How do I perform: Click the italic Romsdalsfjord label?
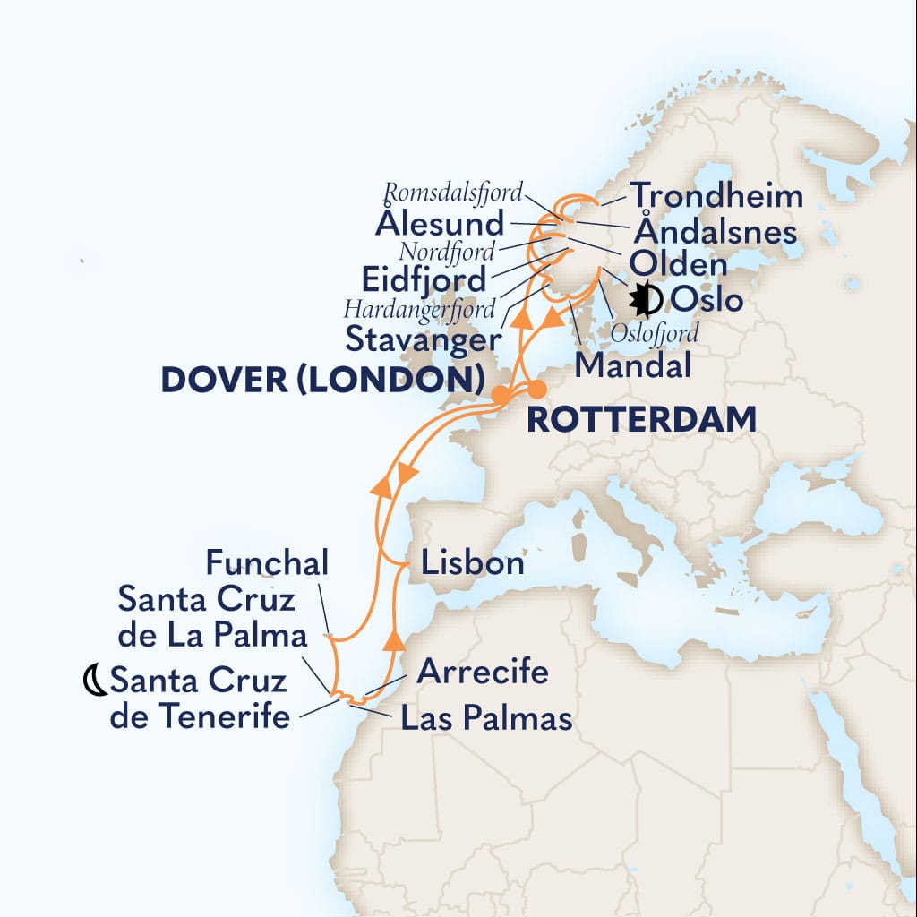pyautogui.click(x=454, y=191)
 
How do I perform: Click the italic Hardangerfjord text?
pyautogui.click(x=419, y=310)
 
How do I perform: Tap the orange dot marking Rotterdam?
pyautogui.click(x=536, y=389)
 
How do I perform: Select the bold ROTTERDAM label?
pyautogui.click(x=640, y=418)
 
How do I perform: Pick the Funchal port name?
pyautogui.click(x=268, y=563)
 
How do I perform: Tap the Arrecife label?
pyautogui.click(x=483, y=671)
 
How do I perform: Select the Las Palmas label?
pyautogui.click(x=486, y=717)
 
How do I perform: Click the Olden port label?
pyautogui.click(x=678, y=264)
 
